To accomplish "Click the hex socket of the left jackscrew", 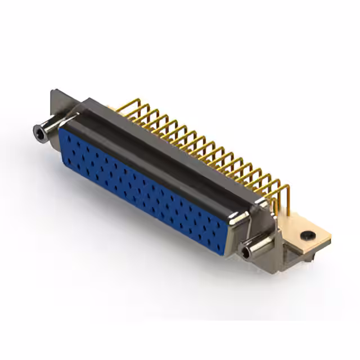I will click(39, 132).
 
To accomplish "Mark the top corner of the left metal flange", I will click(52, 91).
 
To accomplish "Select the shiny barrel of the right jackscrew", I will click(256, 248).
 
